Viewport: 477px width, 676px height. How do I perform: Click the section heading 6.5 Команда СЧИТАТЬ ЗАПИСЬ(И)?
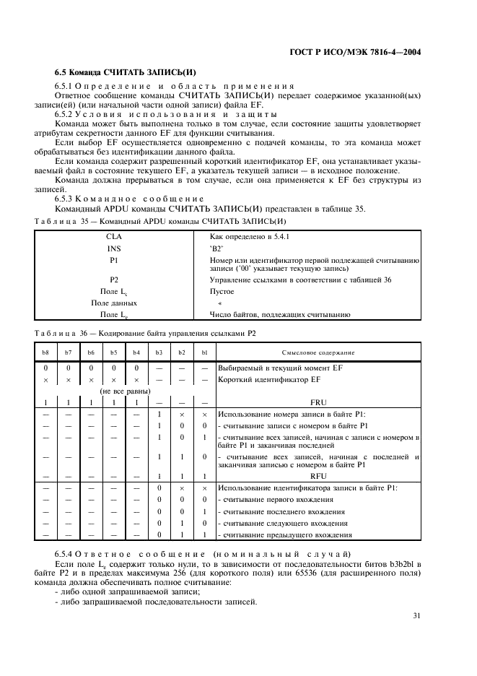(x=126, y=73)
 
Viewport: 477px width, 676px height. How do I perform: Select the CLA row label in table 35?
(x=114, y=236)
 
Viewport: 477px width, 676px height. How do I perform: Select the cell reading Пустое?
(x=222, y=291)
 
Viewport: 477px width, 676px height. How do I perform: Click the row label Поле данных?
(x=114, y=303)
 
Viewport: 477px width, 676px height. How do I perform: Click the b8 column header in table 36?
(x=45, y=352)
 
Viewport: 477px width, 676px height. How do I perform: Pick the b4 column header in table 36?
(x=136, y=352)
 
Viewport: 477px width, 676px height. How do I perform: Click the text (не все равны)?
(x=114, y=391)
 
